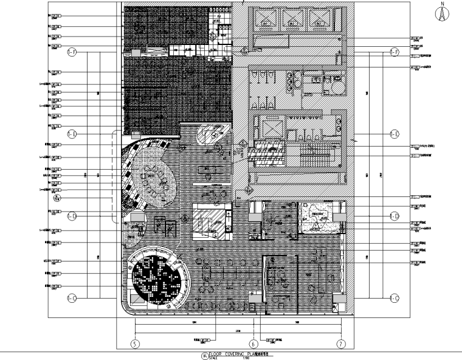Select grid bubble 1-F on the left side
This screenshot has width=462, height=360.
point(71,53)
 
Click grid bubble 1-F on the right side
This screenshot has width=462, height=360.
point(394,53)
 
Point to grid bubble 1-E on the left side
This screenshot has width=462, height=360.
point(71,133)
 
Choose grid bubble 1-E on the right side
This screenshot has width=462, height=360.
point(394,134)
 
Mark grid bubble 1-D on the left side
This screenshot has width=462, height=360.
point(71,216)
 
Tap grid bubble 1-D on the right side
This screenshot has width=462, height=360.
point(394,216)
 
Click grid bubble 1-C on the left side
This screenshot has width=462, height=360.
point(71,298)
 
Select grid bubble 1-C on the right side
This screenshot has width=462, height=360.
point(394,298)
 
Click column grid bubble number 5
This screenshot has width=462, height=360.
point(134,344)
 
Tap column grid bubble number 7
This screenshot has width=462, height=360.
point(342,344)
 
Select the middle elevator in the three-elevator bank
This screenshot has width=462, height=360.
point(292,19)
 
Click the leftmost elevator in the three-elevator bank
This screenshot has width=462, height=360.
point(266,19)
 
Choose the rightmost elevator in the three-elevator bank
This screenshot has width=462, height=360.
point(319,19)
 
